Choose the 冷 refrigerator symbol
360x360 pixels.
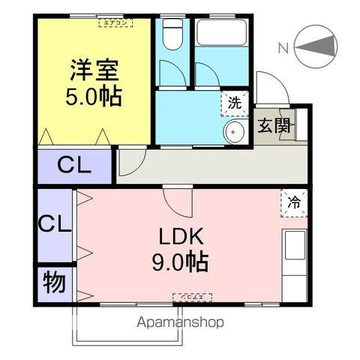click(x=295, y=202)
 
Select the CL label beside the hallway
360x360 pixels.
click(x=75, y=166)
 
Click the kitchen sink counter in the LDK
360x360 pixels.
click(x=294, y=259)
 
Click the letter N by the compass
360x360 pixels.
click(x=283, y=49)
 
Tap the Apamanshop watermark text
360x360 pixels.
click(x=181, y=323)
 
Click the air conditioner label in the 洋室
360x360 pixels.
click(x=115, y=22)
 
